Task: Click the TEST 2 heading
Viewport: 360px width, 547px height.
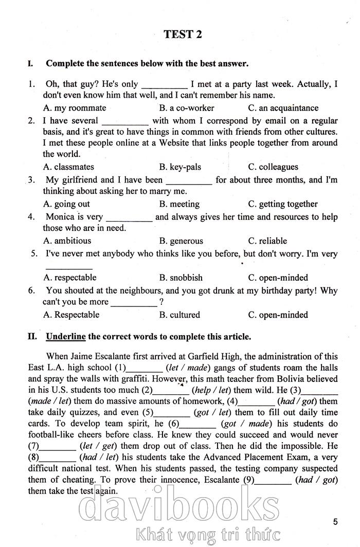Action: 183,34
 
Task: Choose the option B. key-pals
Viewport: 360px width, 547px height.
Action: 180,167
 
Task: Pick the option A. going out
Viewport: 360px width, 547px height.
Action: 67,204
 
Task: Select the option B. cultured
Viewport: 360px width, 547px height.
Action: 179,315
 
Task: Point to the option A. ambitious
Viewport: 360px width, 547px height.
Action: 67,241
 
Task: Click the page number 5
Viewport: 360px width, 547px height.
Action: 335,522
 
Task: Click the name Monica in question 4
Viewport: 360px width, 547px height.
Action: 60,217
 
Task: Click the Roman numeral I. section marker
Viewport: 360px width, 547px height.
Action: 31,64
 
